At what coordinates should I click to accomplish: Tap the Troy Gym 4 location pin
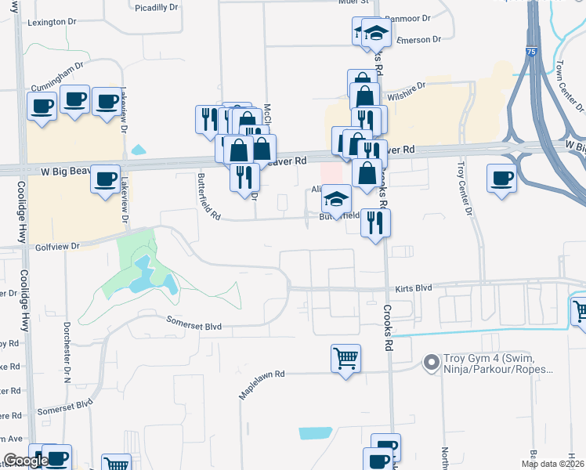point(430,363)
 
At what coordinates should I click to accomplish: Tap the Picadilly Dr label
point(156,8)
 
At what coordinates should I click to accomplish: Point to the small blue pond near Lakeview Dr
point(139,150)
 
